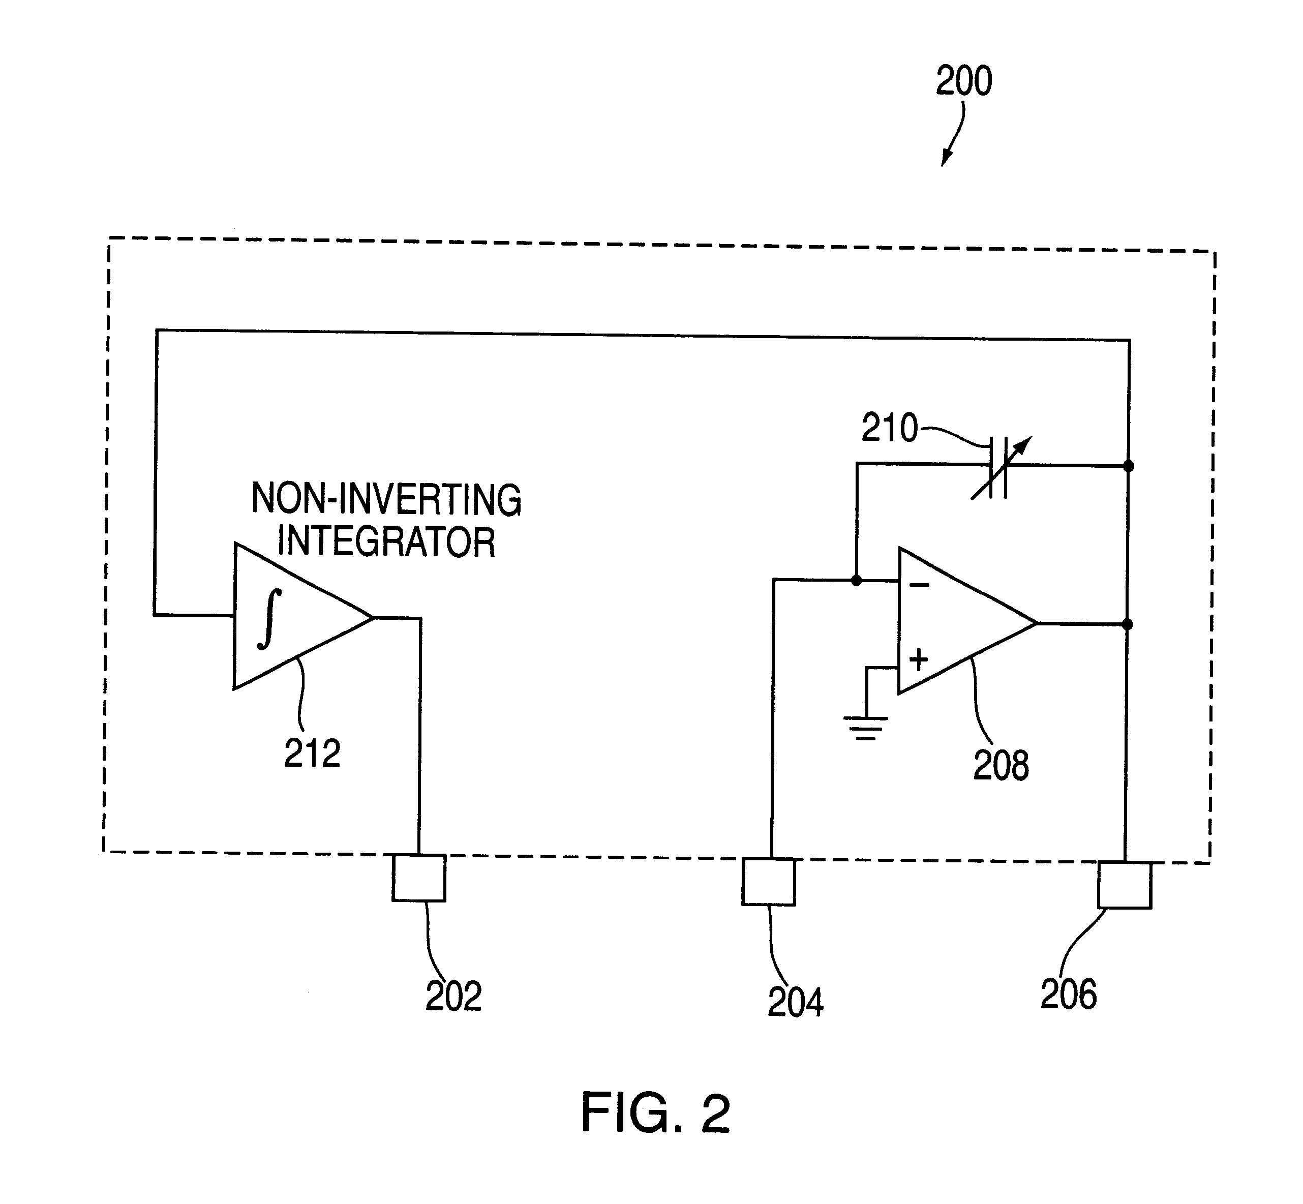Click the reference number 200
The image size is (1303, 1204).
(x=963, y=81)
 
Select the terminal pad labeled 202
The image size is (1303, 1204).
(x=419, y=878)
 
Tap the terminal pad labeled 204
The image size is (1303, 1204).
(x=769, y=882)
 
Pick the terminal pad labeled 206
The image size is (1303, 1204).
(x=1125, y=885)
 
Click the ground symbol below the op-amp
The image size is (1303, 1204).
(x=865, y=728)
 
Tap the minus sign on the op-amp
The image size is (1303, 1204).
(x=919, y=585)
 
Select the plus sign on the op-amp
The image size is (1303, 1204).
(x=919, y=660)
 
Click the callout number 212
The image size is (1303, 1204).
(x=312, y=754)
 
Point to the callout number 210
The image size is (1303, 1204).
(x=889, y=428)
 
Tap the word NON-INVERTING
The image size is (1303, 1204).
(x=386, y=499)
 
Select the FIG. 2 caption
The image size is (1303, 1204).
(x=655, y=1113)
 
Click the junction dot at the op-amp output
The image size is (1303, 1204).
(x=1128, y=624)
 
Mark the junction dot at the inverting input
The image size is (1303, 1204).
(x=857, y=580)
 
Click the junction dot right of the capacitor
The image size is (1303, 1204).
(x=1129, y=466)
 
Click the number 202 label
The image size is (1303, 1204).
(x=453, y=996)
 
